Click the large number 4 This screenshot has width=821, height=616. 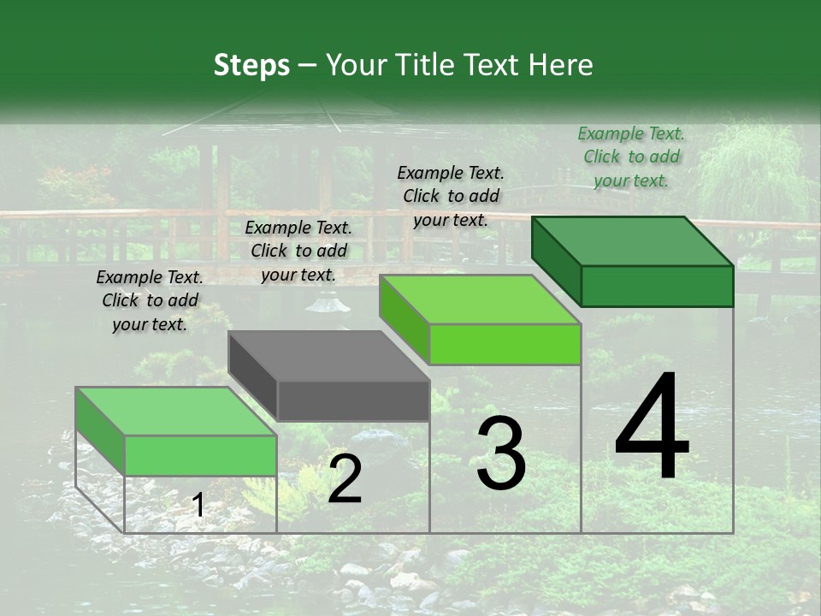(x=652, y=428)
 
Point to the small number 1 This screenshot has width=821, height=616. (x=198, y=506)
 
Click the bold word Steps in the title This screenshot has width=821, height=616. (x=251, y=65)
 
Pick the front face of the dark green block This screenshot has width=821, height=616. (x=657, y=286)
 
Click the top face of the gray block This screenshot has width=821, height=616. (x=328, y=356)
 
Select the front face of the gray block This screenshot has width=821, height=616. (x=353, y=401)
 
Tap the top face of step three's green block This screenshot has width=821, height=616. (x=480, y=299)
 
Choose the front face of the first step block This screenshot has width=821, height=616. (x=200, y=455)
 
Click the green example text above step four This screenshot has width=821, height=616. (x=631, y=157)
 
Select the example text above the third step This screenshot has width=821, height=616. (x=451, y=196)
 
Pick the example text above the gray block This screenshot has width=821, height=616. (x=298, y=251)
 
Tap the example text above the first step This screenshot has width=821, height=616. (x=150, y=300)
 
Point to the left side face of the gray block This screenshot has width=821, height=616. (x=253, y=376)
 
